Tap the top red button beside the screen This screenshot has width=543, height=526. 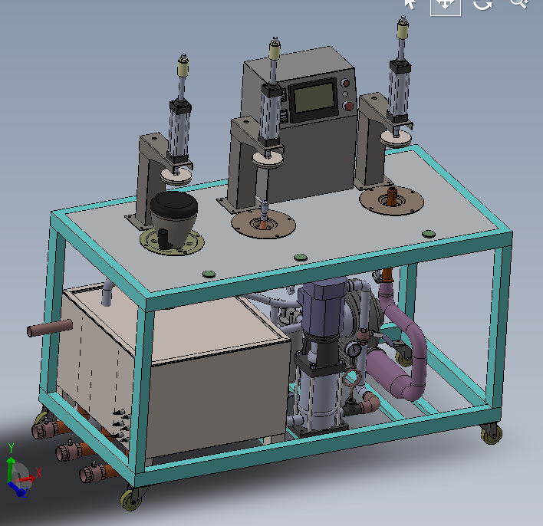(345, 83)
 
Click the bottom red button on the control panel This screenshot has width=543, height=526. (348, 106)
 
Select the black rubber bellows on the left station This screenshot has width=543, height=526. (173, 204)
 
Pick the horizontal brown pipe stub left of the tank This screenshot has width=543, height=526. (50, 327)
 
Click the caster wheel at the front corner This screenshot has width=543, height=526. (131, 499)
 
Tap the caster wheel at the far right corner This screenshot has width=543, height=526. (492, 434)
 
